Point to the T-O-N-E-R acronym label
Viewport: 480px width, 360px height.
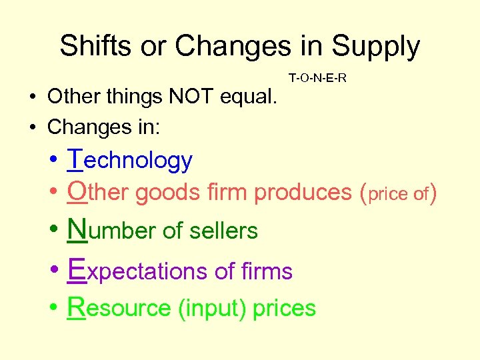coord(317,79)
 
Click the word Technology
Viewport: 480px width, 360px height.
coord(130,160)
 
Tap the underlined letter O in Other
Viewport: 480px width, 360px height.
coord(77,192)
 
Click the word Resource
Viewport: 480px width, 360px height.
coord(119,308)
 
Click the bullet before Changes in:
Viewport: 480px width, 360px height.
coord(32,126)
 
